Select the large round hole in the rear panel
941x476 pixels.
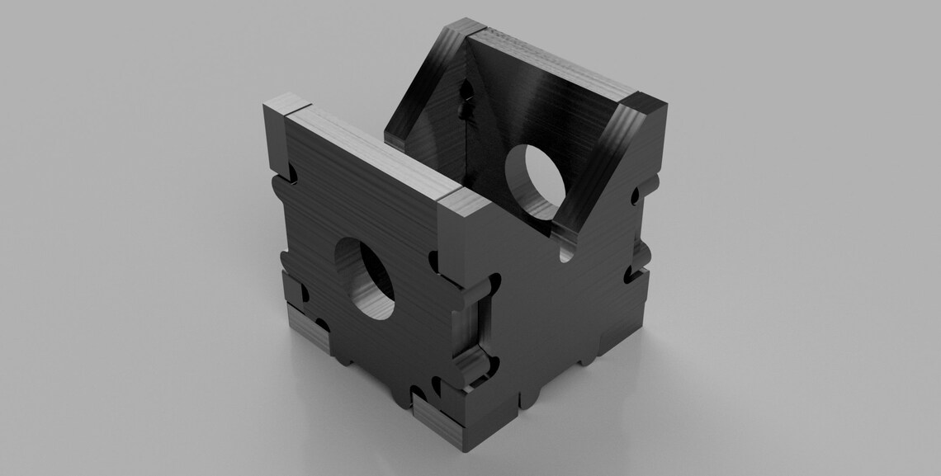[x=537, y=182]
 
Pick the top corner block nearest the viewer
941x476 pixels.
[x=467, y=202]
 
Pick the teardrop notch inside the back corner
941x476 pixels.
[x=464, y=102]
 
